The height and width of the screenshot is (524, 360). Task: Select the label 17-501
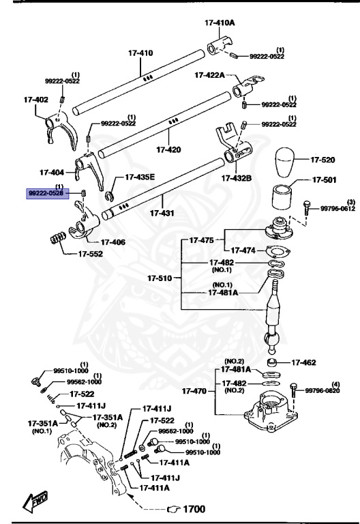pyautogui.click(x=325, y=180)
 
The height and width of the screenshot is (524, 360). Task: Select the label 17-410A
pyautogui.click(x=219, y=23)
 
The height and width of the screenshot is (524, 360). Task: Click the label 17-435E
pyautogui.click(x=139, y=177)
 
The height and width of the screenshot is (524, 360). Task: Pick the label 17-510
pyautogui.click(x=161, y=278)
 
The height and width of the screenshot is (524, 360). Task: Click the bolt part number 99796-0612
pyautogui.click(x=338, y=209)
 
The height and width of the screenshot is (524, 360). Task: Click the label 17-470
pyautogui.click(x=196, y=392)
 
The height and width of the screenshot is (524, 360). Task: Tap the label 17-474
pyautogui.click(x=245, y=250)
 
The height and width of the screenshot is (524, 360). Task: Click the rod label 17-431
pyautogui.click(x=162, y=213)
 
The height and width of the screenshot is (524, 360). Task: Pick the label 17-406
pyautogui.click(x=113, y=242)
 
